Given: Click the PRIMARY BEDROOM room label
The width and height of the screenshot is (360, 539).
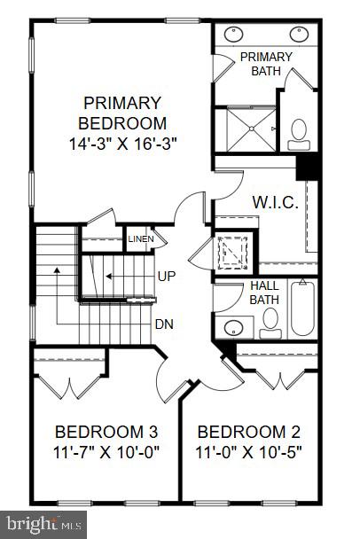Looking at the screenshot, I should click(123, 113).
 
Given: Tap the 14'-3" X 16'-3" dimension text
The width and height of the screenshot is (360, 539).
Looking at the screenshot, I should click(123, 143).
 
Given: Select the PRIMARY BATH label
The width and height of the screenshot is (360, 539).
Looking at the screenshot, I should click(265, 64).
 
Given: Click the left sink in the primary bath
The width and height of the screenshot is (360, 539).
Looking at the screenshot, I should click(236, 35).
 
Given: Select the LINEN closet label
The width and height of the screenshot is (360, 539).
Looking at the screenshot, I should click(140, 238).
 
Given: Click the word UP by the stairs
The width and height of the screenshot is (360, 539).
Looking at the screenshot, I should click(166, 277).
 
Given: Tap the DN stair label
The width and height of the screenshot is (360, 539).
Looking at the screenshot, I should click(163, 324).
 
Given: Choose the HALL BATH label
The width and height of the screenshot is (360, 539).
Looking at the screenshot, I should click(264, 292).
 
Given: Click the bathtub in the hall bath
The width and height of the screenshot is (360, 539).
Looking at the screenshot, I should click(302, 308).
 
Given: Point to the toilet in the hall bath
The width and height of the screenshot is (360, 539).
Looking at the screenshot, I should click(270, 321).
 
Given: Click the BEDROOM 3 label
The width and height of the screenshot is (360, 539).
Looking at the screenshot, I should click(106, 433).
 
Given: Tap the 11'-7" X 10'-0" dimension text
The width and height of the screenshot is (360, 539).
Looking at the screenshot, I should click(106, 452).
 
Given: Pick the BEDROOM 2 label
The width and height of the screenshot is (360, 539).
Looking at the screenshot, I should click(249, 433).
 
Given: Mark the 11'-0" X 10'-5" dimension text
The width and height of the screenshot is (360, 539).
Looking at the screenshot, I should click(249, 452).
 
